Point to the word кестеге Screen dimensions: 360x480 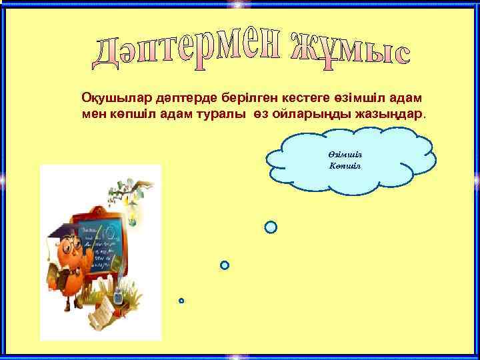tap(273, 99)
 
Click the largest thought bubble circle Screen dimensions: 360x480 tap(271, 227)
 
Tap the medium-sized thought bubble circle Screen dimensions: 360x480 tap(225, 265)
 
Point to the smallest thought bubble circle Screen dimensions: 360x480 tap(181, 301)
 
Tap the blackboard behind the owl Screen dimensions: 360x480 tap(107, 247)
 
